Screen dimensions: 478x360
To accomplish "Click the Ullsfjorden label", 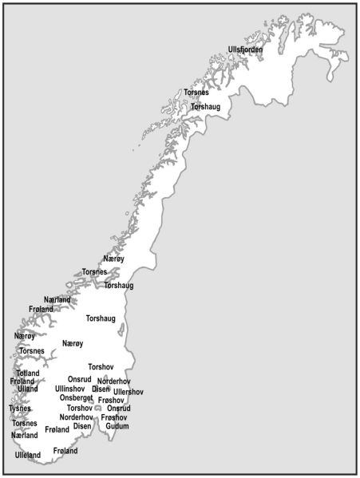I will pos(245,49).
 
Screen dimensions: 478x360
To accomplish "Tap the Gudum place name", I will pos(117,426).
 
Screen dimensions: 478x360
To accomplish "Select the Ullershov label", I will pos(128,392).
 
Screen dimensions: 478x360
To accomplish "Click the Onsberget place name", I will pos(76,398).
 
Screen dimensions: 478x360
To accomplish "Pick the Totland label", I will pos(28,373).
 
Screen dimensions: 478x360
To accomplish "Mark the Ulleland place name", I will pos(28,455).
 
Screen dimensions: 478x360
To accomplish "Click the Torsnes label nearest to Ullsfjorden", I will pos(196,93).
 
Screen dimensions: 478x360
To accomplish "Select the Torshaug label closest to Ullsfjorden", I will pos(206,106).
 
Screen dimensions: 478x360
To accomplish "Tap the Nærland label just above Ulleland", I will pos(25,436).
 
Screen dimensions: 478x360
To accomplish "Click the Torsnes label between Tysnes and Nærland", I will pos(25,423).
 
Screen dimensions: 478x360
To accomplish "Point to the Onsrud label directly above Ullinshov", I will pos(80,379).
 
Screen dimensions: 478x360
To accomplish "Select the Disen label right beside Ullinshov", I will pos(101,389).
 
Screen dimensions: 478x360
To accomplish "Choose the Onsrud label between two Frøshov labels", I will pos(119,409).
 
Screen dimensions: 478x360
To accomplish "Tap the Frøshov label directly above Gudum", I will pos(114,417).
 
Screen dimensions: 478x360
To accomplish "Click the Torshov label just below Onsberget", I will pos(80,408).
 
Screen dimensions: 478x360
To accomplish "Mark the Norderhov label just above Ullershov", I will pos(114,381).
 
